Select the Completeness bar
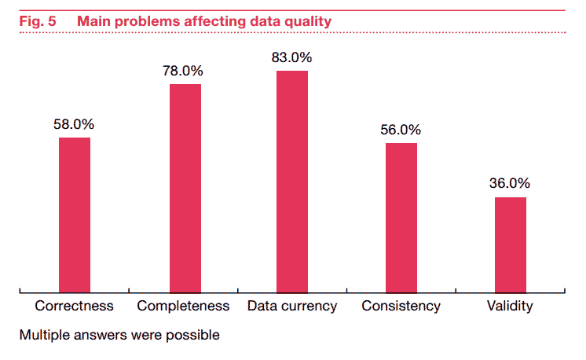tap(185, 188)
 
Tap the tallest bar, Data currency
tap(292, 181)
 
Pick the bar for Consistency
tap(401, 217)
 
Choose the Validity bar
tap(510, 244)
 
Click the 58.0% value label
tap(75, 124)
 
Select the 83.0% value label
tap(292, 57)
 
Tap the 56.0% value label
tap(401, 130)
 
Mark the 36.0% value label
tap(510, 183)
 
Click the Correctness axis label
tap(75, 306)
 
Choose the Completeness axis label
tap(184, 306)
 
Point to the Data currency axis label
tap(292, 306)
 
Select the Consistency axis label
tap(401, 306)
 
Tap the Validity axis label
tap(510, 306)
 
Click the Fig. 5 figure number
tap(37, 21)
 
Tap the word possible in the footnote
tap(193, 335)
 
